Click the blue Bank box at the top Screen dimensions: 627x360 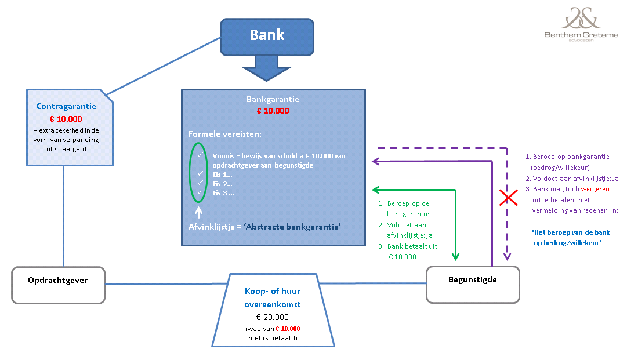[267, 37]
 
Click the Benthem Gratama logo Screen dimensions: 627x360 [581, 24]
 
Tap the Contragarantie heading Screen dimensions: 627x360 [66, 106]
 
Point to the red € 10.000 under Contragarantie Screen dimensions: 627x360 [66, 119]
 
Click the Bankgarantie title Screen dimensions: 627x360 [273, 99]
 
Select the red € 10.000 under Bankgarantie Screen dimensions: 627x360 [273, 111]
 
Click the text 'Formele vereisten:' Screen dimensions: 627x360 [224, 134]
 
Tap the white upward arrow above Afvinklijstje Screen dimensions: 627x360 [199, 212]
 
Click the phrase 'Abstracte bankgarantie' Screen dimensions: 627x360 [292, 227]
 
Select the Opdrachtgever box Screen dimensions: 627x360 [59, 285]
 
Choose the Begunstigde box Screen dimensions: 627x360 [473, 285]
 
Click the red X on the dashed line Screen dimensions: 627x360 [508, 198]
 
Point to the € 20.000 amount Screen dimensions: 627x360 [272, 317]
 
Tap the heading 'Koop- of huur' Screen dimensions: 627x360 [272, 291]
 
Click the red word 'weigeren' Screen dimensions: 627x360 [595, 189]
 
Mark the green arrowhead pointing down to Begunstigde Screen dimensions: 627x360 [455, 256]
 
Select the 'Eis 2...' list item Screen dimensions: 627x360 [222, 184]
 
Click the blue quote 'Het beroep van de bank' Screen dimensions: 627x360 [571, 232]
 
